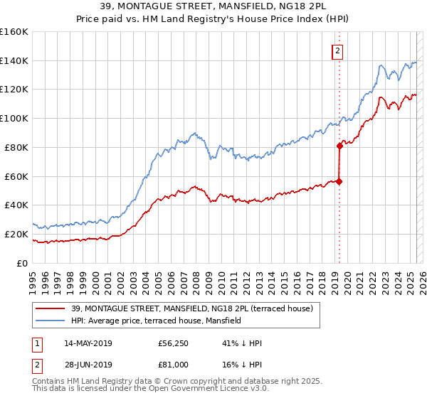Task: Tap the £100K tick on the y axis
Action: point(14,118)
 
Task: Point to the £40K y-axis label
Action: point(16,205)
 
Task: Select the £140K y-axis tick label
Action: point(14,60)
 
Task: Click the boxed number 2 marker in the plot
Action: point(337,51)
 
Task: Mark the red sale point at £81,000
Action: point(339,146)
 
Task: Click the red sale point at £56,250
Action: point(339,181)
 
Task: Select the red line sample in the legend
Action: point(51,308)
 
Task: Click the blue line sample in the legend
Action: point(51,321)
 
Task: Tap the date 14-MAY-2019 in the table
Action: point(88,343)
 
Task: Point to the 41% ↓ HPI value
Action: point(242,343)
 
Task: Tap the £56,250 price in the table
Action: point(174,343)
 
